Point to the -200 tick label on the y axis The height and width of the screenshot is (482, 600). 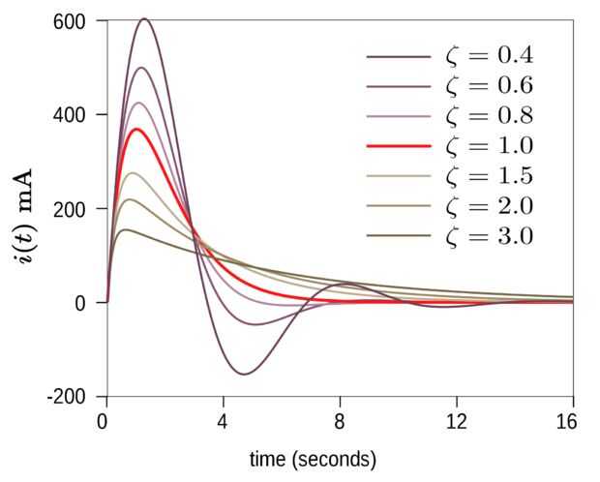68,397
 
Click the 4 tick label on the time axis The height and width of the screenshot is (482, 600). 223,421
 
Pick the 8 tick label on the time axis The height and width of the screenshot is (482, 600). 340,421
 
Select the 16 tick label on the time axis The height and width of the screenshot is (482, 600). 568,421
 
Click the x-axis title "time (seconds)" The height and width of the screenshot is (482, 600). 313,459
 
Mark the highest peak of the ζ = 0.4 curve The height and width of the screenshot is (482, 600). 144,18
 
